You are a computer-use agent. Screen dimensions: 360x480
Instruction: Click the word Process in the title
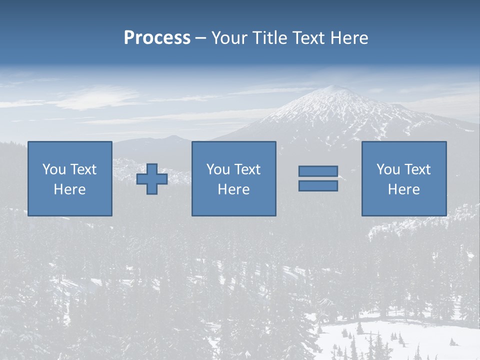pos(157,38)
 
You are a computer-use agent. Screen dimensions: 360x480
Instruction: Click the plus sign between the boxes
pos(152,179)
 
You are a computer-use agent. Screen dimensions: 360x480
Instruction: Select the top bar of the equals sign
pos(318,171)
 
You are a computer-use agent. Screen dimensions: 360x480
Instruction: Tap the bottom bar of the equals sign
pos(318,185)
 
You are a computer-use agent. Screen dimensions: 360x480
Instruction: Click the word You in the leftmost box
pos(54,169)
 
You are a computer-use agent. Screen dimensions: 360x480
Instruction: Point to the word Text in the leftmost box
pos(83,169)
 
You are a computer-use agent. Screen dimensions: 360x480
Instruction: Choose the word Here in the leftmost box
pos(69,189)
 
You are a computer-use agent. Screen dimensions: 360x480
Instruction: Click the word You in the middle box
pos(218,169)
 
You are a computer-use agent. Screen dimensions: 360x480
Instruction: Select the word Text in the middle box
pos(247,169)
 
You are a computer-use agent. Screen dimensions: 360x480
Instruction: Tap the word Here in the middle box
pos(233,189)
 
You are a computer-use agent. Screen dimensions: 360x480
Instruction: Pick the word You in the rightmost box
pos(388,169)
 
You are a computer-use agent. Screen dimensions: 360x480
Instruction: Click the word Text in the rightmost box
pos(417,169)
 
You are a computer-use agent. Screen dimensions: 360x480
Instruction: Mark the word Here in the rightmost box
pos(403,189)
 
